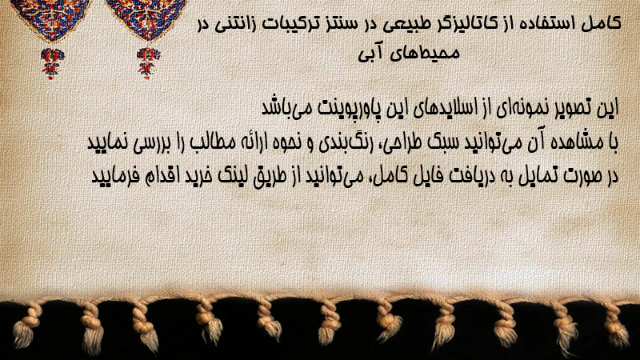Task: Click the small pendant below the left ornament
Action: tap(51, 63)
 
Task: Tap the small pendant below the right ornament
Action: tap(148, 63)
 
